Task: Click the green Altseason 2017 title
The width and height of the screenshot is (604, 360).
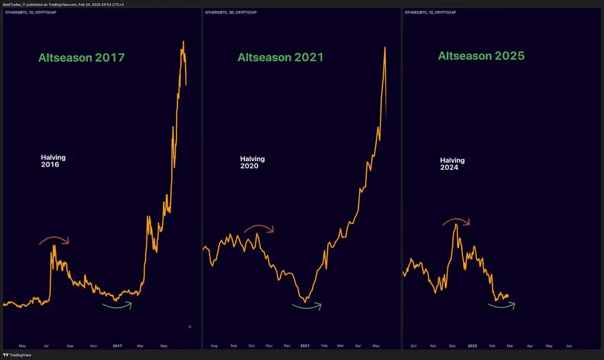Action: click(x=81, y=58)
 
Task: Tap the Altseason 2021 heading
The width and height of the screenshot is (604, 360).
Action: click(x=280, y=58)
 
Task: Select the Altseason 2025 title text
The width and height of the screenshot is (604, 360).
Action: click(x=481, y=56)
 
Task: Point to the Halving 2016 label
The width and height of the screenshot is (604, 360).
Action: click(x=54, y=161)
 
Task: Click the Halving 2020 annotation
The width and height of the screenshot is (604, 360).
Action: click(x=252, y=162)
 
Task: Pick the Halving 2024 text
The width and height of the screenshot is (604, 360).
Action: click(x=452, y=164)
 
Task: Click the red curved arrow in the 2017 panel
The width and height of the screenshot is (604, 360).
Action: click(x=54, y=239)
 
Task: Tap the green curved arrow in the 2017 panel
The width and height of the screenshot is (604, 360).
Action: click(x=117, y=306)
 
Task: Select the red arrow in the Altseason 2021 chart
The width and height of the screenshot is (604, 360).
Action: click(x=259, y=228)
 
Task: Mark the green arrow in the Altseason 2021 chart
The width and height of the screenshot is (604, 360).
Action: click(x=307, y=307)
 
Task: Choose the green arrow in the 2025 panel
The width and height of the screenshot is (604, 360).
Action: click(x=501, y=306)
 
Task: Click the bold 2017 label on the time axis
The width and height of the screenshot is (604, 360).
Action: click(x=117, y=346)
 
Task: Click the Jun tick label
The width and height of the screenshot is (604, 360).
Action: click(x=569, y=346)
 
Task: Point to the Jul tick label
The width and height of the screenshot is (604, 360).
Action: click(x=46, y=346)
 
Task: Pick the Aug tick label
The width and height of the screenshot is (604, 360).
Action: click(x=214, y=346)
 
